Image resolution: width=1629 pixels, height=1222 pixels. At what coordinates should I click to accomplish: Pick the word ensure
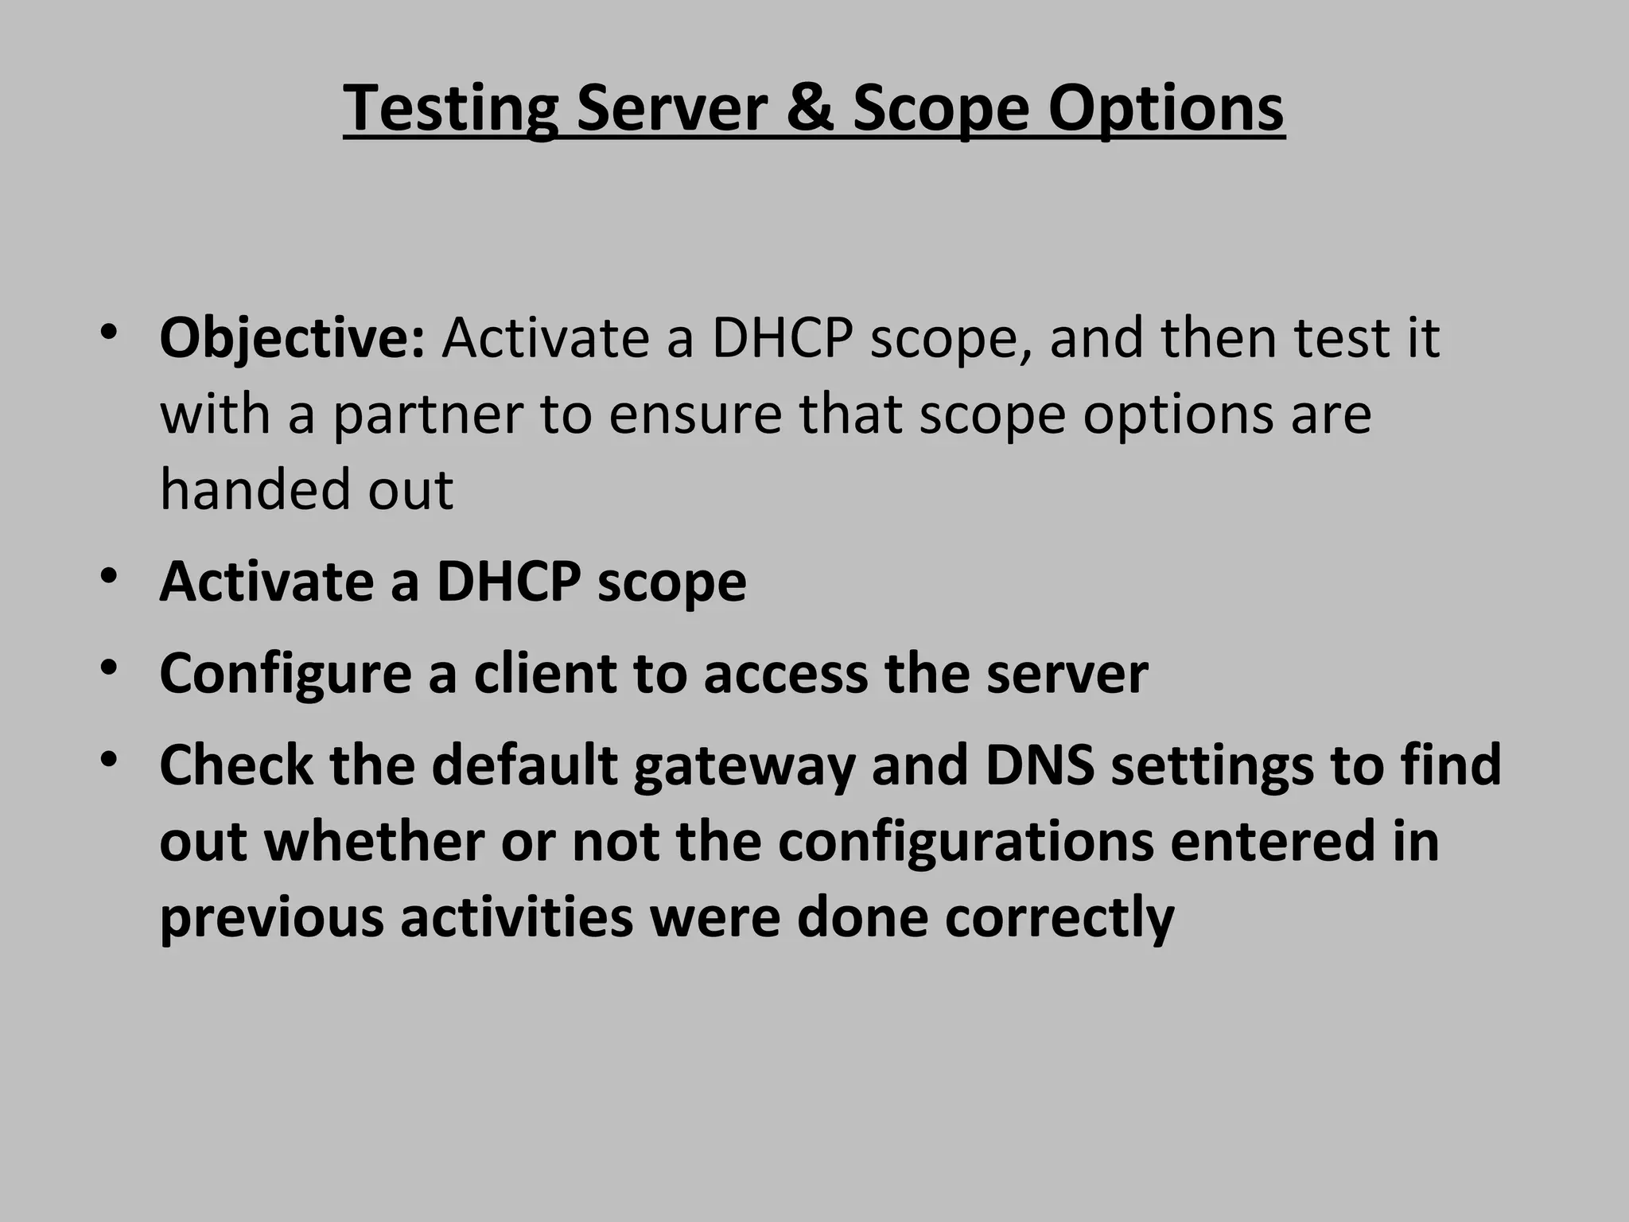click(x=695, y=415)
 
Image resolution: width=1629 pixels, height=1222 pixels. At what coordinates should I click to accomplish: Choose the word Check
click(x=236, y=765)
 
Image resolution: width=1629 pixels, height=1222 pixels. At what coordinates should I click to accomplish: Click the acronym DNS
click(x=1040, y=765)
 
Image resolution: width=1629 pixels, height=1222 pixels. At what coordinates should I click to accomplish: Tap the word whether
click(x=374, y=841)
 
